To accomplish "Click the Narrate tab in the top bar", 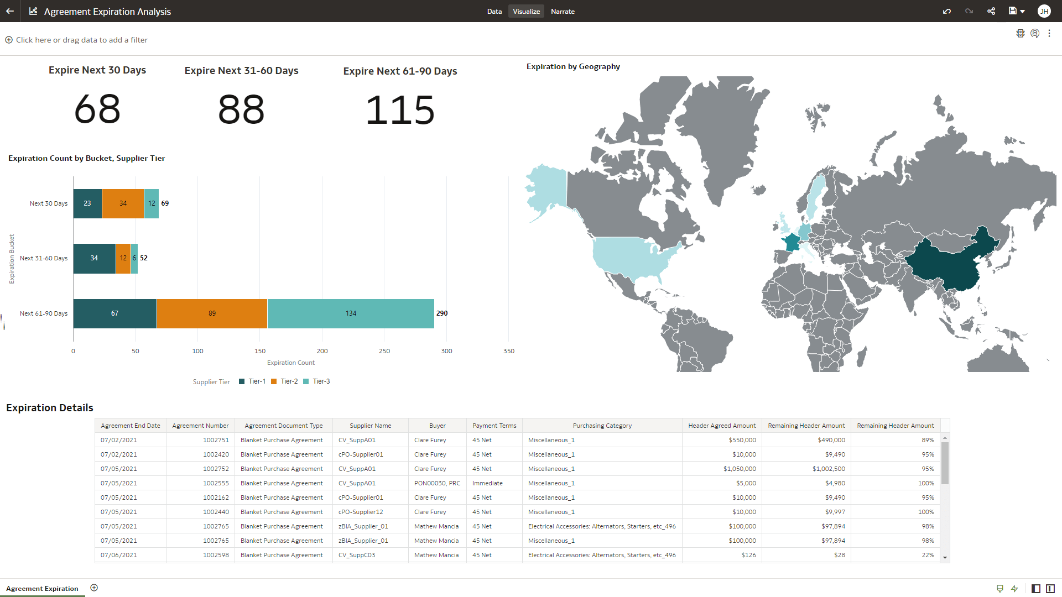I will (563, 12).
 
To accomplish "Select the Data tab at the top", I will (494, 12).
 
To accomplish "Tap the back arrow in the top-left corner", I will (10, 11).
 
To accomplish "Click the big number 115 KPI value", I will (400, 110).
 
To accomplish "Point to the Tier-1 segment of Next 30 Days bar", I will (87, 203).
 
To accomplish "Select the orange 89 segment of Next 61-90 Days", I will (212, 313).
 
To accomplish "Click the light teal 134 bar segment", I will (351, 313).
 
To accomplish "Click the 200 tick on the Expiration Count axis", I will (322, 351).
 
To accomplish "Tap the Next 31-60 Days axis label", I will (44, 258).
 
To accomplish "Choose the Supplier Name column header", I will (370, 426).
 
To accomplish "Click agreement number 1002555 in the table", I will (216, 483).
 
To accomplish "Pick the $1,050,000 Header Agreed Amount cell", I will (740, 469).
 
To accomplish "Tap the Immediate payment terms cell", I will (487, 483).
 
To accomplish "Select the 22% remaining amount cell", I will (928, 555).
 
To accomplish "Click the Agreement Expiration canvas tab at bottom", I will (42, 589).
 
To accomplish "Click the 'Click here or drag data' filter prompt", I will (81, 40).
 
